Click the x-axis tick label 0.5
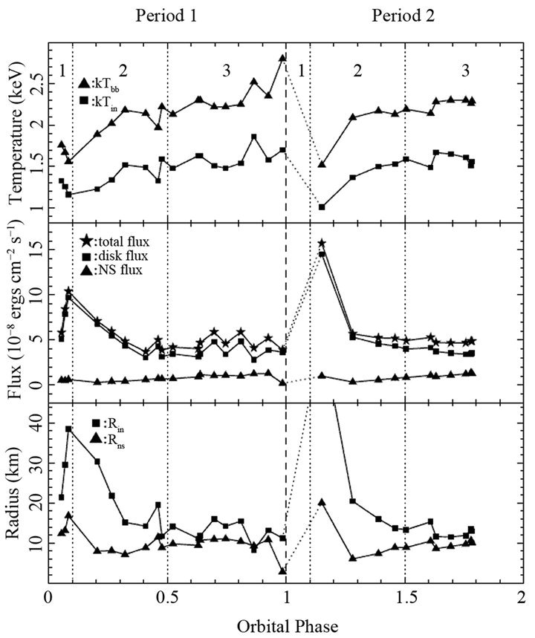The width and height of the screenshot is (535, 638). coord(168,596)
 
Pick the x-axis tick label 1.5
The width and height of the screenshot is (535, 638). coord(405,596)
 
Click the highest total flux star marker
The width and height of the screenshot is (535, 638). coord(322,243)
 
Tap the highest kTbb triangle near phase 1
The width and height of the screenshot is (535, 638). coord(282,57)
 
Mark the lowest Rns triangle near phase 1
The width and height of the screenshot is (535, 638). coord(283,571)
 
